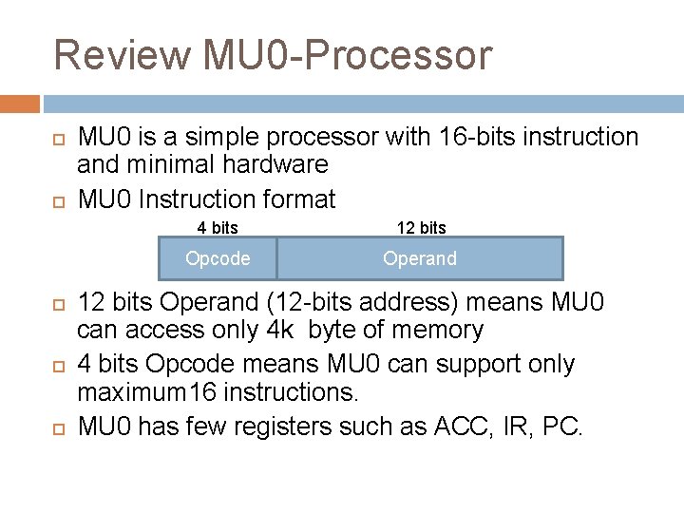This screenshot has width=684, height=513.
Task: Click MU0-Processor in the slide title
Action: pos(348,55)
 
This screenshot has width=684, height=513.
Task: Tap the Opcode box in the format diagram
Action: pos(218,258)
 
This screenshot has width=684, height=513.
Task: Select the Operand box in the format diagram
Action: pos(420,258)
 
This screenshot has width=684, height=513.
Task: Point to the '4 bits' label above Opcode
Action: pos(218,228)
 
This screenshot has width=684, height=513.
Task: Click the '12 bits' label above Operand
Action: pos(421,228)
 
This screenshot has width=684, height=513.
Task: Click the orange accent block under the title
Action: pos(20,103)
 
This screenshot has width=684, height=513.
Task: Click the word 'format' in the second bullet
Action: pos(301,199)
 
